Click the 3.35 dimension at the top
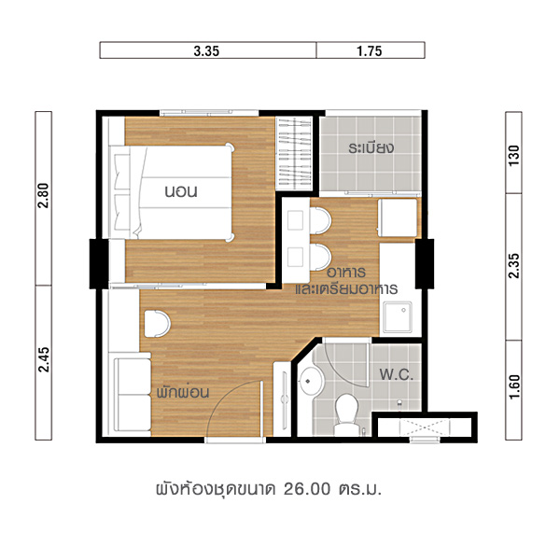pos(206,51)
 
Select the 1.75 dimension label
pos(370,51)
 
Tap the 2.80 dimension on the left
pos(44,195)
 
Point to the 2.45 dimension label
pos(44,359)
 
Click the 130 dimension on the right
pos(513,155)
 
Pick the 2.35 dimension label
pos(513,266)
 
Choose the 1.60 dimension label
pos(513,386)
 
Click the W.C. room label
pos(396,374)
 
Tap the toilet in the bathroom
pos(347,414)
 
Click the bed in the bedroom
pos(172,191)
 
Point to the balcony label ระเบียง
pos(371,147)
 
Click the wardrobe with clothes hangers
pos(295,153)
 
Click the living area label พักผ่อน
pos(183,393)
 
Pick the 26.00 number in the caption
pos(307,489)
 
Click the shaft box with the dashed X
pos(425,427)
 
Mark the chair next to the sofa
pos(157,324)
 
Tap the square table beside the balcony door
pos(398,217)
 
